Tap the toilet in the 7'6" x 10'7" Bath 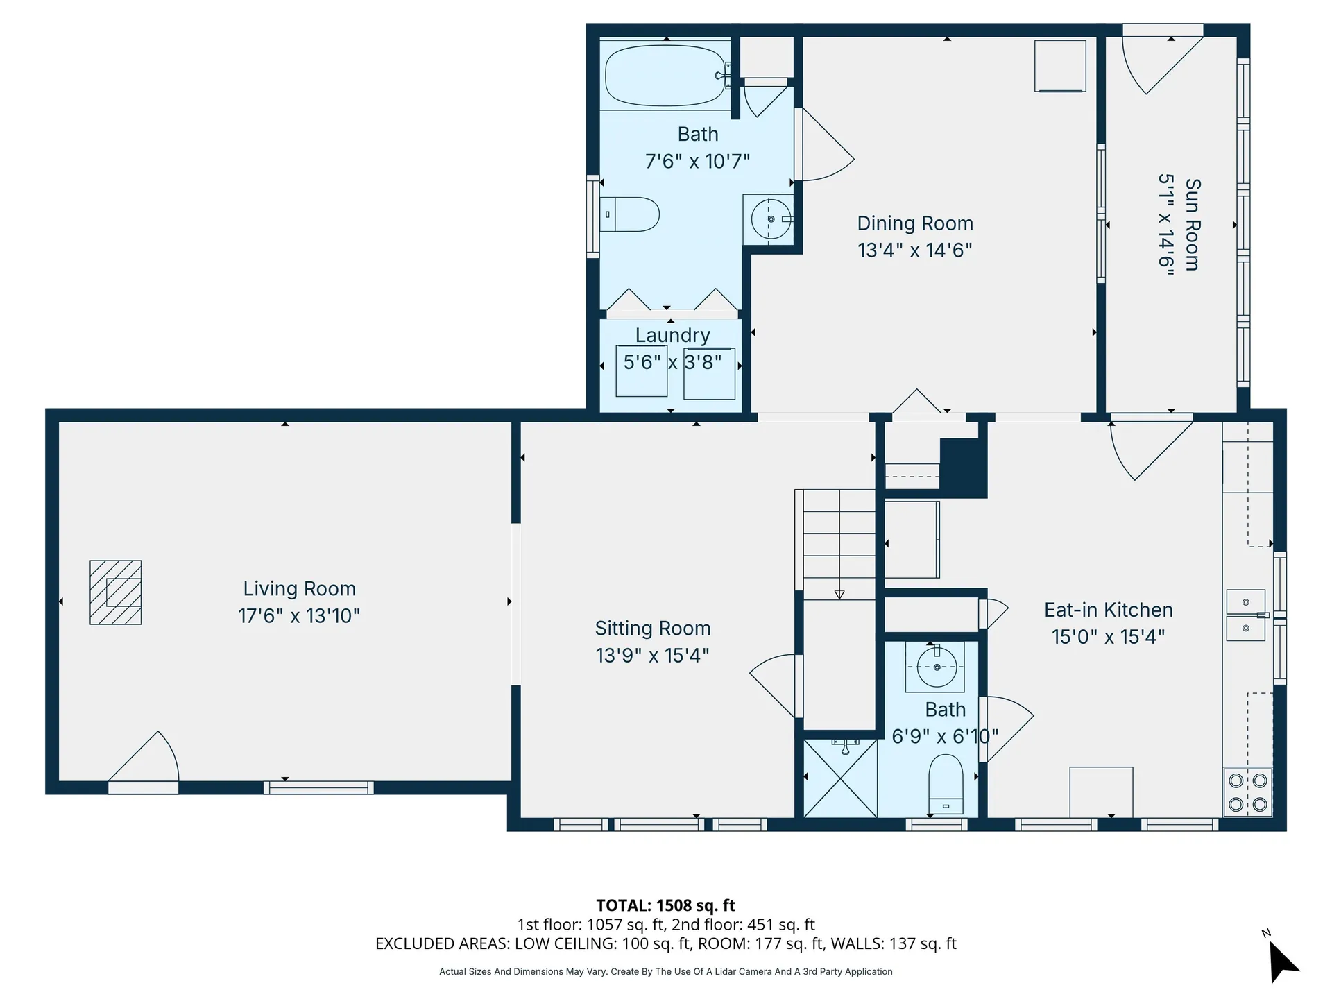[x=631, y=214]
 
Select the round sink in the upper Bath [x=770, y=219]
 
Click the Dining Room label [x=914, y=223]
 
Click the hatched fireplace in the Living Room [x=116, y=592]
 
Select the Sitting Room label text [x=652, y=629]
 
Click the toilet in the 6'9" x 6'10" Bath [x=946, y=784]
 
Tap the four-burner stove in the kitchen [x=1247, y=792]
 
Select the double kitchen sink [x=1245, y=615]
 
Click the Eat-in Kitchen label [x=1108, y=610]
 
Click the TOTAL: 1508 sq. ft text [x=665, y=905]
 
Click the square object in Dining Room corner [x=1059, y=66]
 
